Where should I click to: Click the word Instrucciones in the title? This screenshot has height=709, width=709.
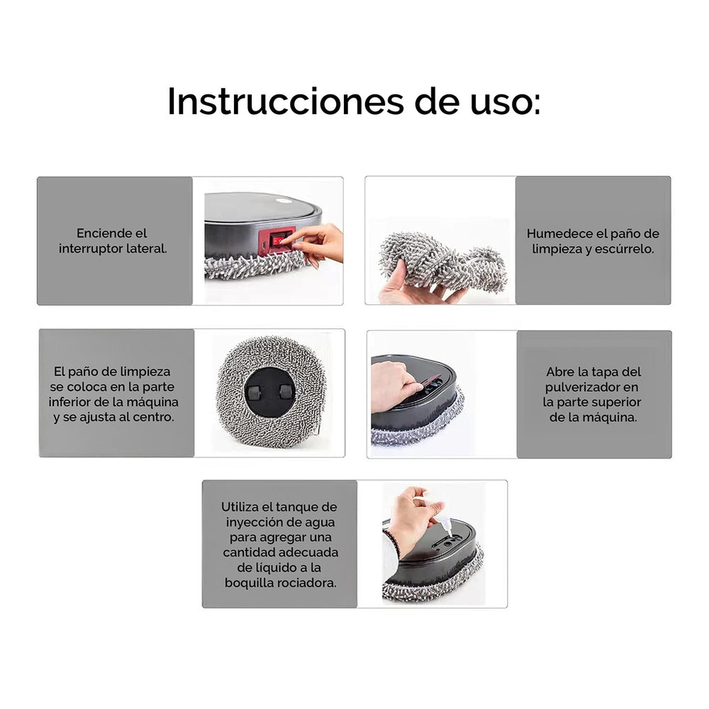click(285, 101)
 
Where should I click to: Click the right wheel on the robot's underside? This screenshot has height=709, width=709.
click(285, 391)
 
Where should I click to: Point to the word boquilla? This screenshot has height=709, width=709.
click(248, 584)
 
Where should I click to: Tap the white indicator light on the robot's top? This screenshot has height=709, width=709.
click(284, 201)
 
